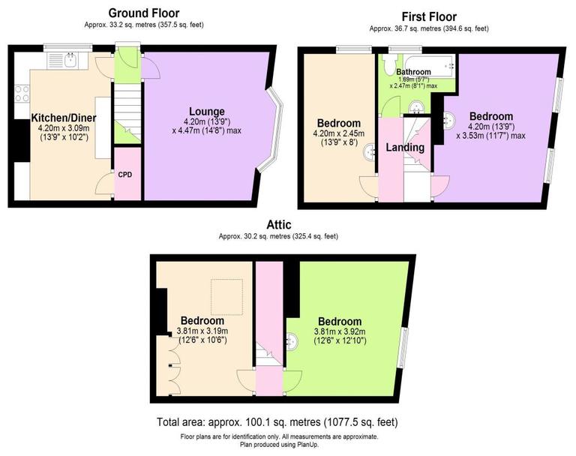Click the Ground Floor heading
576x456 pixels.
coord(144,13)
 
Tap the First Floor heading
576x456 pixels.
coord(428,16)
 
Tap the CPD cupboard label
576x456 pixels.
coord(125,175)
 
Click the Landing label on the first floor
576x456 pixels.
coord(404,148)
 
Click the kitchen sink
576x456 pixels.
coord(68,61)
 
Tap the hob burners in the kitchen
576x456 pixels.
coord(22,94)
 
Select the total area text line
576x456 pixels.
coord(277,422)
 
